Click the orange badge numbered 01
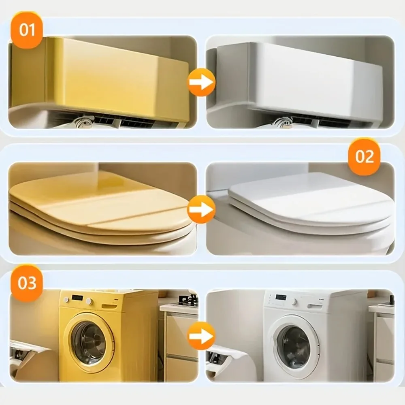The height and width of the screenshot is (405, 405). (27, 30)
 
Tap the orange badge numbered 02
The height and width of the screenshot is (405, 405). (364, 157)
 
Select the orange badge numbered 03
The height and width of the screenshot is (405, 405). (27, 283)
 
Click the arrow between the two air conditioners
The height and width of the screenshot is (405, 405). (201, 83)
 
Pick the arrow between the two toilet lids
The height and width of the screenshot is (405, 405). (201, 209)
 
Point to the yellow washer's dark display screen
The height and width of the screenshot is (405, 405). (77, 298)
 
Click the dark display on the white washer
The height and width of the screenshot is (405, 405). (281, 298)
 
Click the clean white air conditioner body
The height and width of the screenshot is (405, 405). (316, 79)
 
